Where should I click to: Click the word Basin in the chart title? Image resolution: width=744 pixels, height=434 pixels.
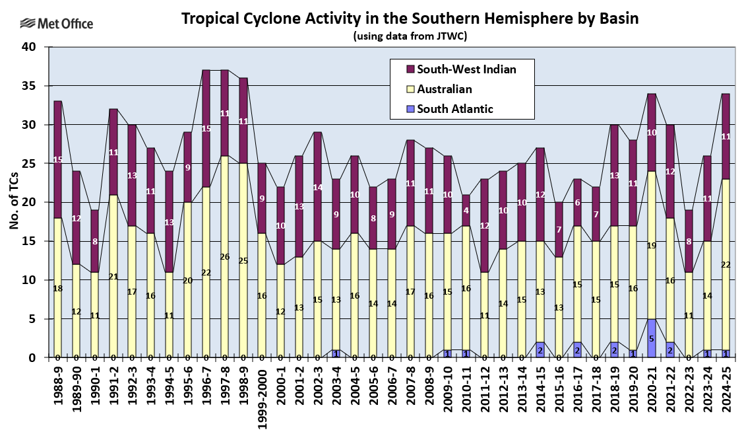pos(617,18)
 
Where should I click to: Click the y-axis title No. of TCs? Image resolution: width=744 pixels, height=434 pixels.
pos(14,202)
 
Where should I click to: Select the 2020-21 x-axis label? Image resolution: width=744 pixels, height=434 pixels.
pos(652,386)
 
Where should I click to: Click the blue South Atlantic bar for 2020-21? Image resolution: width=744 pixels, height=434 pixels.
pos(652,338)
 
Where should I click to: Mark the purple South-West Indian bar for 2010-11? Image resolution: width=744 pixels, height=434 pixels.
pos(466,210)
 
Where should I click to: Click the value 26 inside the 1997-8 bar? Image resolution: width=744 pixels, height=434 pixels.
pos(225,256)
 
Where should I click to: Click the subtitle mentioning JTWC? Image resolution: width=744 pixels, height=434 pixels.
pos(410,36)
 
